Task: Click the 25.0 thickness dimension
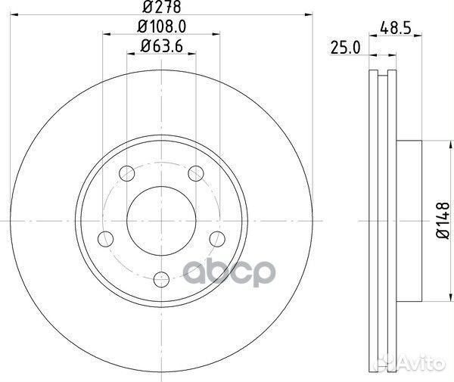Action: [x=344, y=47]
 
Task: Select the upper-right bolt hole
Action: [x=196, y=173]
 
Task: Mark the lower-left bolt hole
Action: [x=103, y=240]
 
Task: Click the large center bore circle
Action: [x=160, y=219]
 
